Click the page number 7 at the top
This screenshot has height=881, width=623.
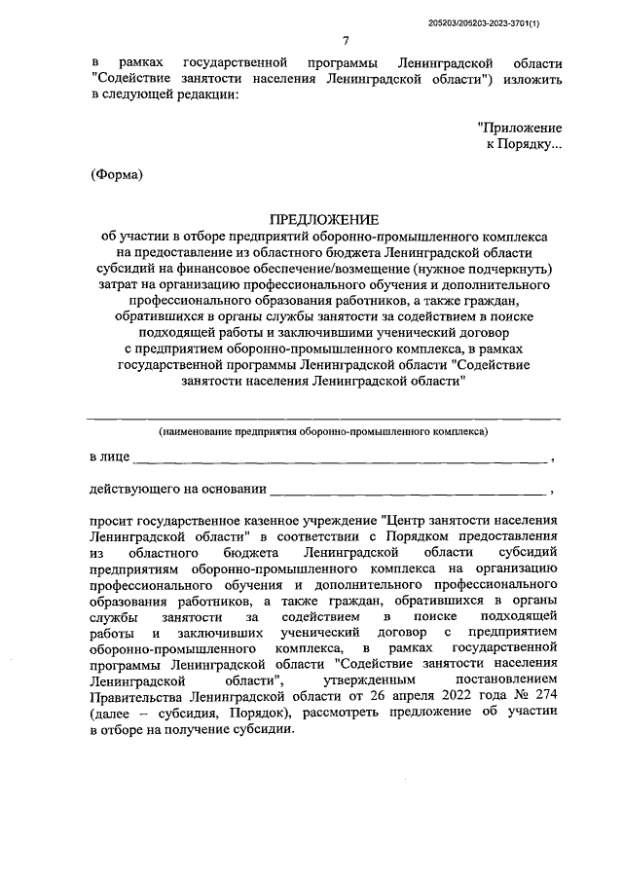click(x=347, y=40)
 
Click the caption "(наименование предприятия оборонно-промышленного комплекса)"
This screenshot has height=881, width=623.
click(x=324, y=428)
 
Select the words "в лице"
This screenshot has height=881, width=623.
click(x=107, y=456)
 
